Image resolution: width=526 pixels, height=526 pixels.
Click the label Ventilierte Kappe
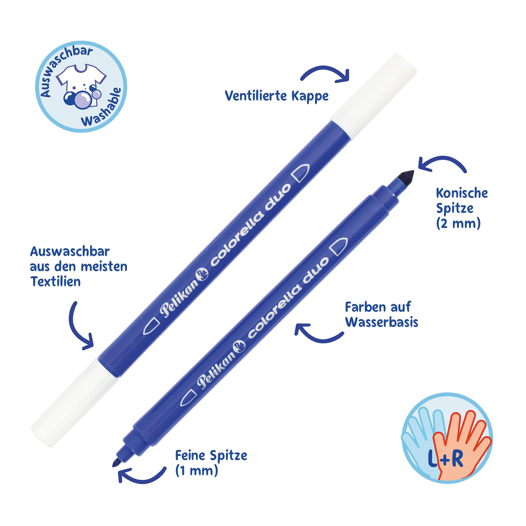277,96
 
